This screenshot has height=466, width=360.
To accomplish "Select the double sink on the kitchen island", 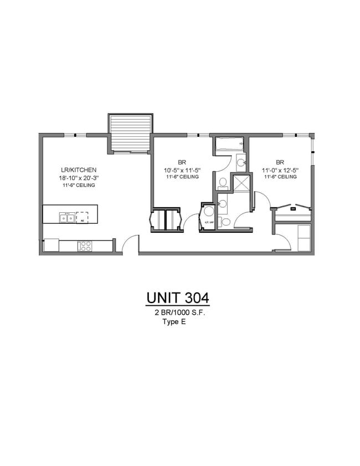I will click(x=66, y=218).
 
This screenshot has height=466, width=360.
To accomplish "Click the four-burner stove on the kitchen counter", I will click(x=85, y=245).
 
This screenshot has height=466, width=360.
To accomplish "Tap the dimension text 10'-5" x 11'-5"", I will click(x=181, y=170).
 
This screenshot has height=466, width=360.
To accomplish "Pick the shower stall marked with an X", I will click(x=242, y=183).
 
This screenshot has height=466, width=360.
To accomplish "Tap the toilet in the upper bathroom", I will click(x=222, y=181).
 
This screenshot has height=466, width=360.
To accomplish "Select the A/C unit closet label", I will click(x=209, y=223).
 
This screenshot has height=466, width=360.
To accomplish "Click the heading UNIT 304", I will click(x=178, y=298).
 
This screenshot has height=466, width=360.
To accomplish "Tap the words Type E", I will click(x=173, y=321).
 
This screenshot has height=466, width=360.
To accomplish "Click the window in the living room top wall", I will click(x=74, y=135).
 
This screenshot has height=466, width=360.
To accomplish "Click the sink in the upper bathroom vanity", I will click(x=241, y=162).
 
